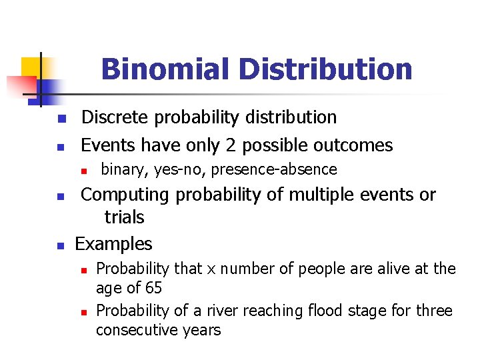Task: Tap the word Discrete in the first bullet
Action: tap(115, 117)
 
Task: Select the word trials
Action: tap(124, 217)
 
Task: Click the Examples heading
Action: tap(113, 244)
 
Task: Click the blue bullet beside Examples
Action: tap(60, 246)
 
